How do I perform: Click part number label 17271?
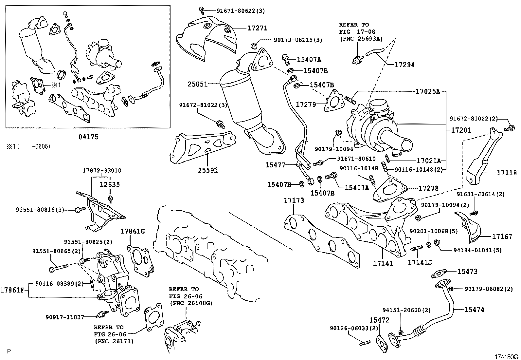tap(257, 28)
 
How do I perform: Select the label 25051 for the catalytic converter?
tap(197, 84)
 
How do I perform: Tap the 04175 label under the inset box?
tap(88, 137)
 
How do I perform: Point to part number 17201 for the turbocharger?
tap(461, 130)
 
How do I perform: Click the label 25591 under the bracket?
tap(207, 170)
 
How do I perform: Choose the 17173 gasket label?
tap(294, 200)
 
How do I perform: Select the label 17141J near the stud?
tap(420, 262)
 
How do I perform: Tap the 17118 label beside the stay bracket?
tap(507, 173)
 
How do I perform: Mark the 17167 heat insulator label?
tap(502, 236)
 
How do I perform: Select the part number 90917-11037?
tap(65, 317)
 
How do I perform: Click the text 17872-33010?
tap(102, 170)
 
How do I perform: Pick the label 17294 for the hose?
tap(404, 65)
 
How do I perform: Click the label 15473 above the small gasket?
tap(467, 271)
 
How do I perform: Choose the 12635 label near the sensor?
tap(110, 184)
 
